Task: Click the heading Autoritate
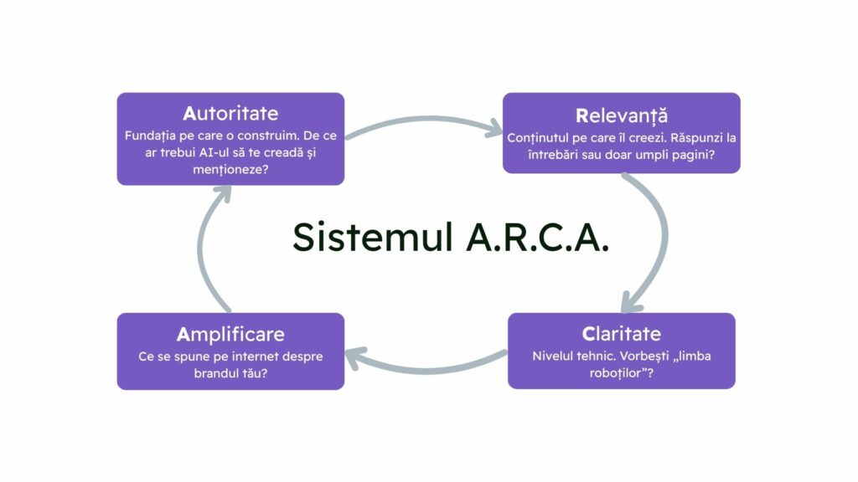230,113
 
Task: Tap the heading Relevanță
621,115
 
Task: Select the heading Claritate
621,334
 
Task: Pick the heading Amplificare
230,335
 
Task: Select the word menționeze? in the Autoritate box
230,169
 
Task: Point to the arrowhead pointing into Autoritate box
221,192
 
